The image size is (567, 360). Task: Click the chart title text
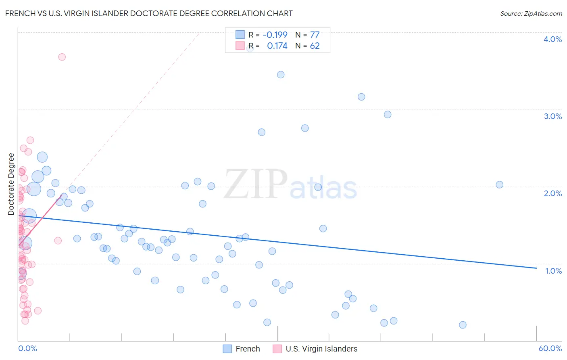pyautogui.click(x=149, y=13)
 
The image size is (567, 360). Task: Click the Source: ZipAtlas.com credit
pyautogui.click(x=531, y=13)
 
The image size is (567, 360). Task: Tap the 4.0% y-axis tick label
pyautogui.click(x=552, y=39)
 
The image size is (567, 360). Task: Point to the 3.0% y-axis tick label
pyautogui.click(x=552, y=116)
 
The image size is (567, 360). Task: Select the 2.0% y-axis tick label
pyautogui.click(x=552, y=193)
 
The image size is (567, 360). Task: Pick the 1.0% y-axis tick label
pyautogui.click(x=553, y=271)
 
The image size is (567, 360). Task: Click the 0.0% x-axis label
pyautogui.click(x=27, y=348)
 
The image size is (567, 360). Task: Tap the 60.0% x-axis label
pyautogui.click(x=550, y=348)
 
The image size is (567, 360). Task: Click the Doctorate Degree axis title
pyautogui.click(x=11, y=184)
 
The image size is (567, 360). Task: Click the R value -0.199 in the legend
pyautogui.click(x=275, y=35)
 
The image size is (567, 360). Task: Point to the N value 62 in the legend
pyautogui.click(x=315, y=46)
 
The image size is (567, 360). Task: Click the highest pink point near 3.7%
pyautogui.click(x=62, y=57)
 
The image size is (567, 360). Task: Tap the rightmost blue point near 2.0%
pyautogui.click(x=499, y=184)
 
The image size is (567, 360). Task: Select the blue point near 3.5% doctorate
pyautogui.click(x=281, y=75)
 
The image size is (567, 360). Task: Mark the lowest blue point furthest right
pyautogui.click(x=463, y=325)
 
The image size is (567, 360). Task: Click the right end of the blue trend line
pyautogui.click(x=536, y=268)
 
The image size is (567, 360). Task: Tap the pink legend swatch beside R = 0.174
pyautogui.click(x=240, y=46)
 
